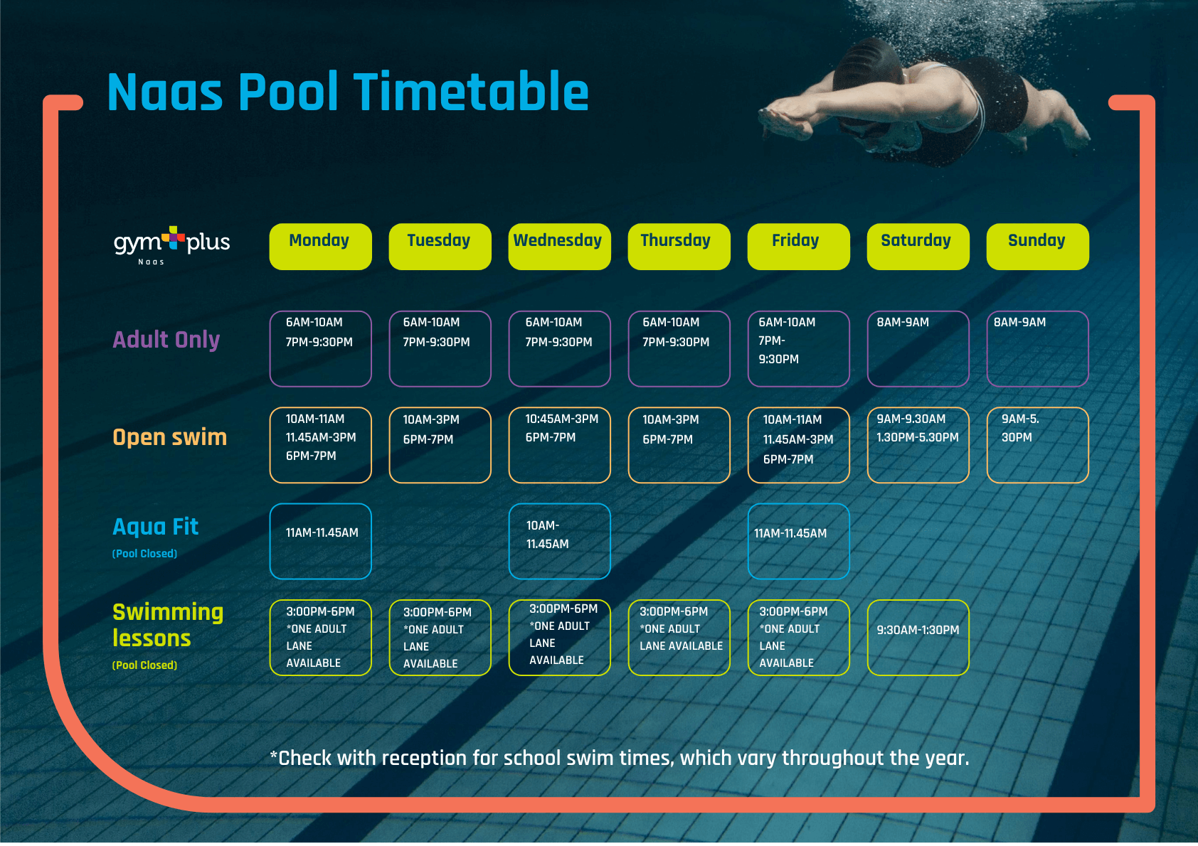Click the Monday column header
[x=320, y=247]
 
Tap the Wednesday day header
[x=559, y=247]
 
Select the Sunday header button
[x=1037, y=247]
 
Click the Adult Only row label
[x=166, y=341]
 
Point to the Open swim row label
[x=169, y=437]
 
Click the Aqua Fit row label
[x=155, y=527]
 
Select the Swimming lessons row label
[x=168, y=626]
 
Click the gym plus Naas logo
[x=171, y=245]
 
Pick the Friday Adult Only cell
[x=798, y=348]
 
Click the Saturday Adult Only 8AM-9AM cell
[x=918, y=348]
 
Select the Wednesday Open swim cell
[x=559, y=445]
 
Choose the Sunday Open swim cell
[x=1037, y=445]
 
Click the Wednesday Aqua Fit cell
[x=559, y=542]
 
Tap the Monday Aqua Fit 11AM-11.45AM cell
[x=320, y=542]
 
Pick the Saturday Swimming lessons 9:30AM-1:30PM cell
[x=918, y=638]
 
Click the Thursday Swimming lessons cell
[x=679, y=638]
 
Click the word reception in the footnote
[x=425, y=759]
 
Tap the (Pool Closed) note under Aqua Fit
[x=144, y=554]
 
